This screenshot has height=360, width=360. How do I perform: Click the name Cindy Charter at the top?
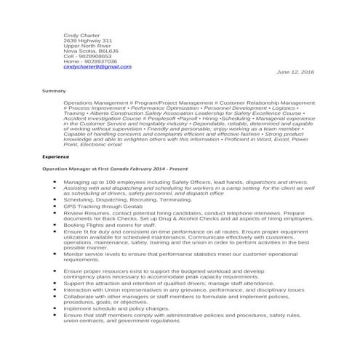point(81,35)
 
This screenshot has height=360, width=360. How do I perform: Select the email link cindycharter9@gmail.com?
point(97,67)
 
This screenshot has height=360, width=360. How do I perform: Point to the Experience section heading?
point(56,156)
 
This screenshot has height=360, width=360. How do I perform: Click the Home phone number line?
point(90,62)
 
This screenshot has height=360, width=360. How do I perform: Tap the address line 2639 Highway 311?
point(88,41)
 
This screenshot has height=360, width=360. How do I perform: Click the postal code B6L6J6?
point(109,51)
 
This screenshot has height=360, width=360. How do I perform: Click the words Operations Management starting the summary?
point(95,103)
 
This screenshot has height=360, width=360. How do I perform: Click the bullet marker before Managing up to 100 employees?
point(55,182)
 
